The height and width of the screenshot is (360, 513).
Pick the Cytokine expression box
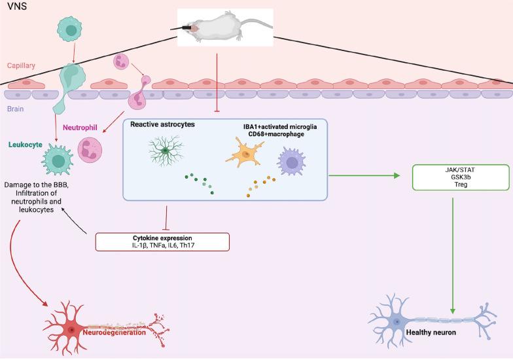click(162, 241)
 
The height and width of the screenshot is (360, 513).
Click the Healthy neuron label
click(431, 333)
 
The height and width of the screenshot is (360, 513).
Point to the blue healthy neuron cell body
click(397, 322)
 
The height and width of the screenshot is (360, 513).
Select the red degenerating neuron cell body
click(71, 329)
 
